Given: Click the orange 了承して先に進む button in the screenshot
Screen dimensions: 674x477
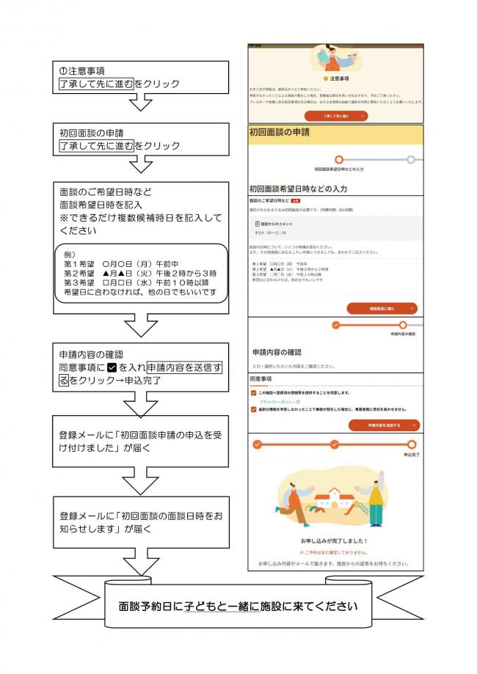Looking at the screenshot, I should point(335,116).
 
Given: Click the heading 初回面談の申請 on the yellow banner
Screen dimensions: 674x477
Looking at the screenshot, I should point(280,133).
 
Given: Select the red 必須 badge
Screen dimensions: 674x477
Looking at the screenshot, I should point(296,199).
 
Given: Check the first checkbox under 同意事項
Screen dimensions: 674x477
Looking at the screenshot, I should point(254,393).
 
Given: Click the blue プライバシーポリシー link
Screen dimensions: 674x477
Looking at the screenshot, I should point(274,402).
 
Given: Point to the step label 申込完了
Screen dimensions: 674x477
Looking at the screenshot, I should point(411,455).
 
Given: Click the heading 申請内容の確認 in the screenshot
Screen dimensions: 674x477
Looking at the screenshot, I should point(277,352).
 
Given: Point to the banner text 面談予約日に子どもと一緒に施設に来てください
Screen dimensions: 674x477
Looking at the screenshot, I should point(238,607).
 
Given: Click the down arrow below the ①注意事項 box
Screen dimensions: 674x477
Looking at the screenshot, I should point(139,103).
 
